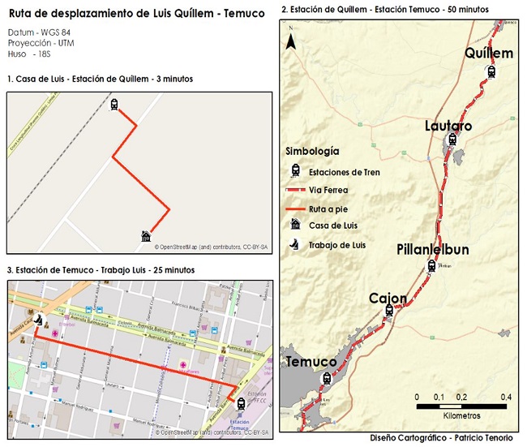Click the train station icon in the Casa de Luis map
(114, 105)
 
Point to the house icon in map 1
(145, 236)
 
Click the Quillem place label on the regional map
(489, 53)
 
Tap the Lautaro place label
(448, 126)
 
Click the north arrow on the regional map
(289, 39)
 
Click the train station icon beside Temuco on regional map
(327, 378)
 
